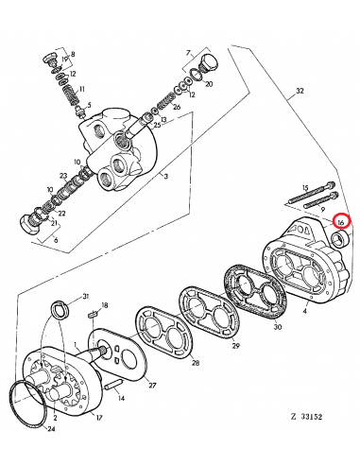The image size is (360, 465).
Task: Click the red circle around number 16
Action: click(343, 222)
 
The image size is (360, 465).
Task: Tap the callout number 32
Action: click(300, 92)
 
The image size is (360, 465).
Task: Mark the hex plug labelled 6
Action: click(28, 225)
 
